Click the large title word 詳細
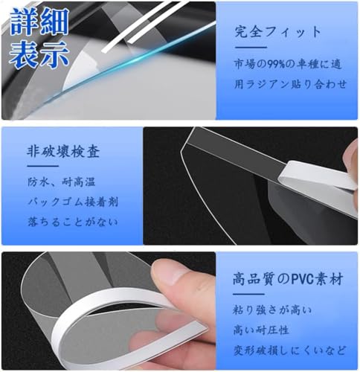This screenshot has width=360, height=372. coord(39,22)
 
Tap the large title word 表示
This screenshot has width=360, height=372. coord(39,54)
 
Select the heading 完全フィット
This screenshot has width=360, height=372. coord(277,32)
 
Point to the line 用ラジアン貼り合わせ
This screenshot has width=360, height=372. coord(290,84)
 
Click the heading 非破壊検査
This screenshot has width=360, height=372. coord(63,151)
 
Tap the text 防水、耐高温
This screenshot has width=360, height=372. coord(62,182)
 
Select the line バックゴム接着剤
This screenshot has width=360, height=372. coord(73,202)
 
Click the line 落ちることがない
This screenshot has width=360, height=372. coord(72,222)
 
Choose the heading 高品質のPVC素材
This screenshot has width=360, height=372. coord(288,279)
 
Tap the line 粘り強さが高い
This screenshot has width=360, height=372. coord(272,310)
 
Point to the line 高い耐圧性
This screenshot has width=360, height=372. coord(261,330)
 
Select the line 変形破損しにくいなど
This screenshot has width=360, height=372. coord(289,350)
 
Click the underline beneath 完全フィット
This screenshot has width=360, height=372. coord(251,47)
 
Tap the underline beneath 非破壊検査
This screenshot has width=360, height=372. coord(42,166)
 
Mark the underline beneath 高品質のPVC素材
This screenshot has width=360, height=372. coord(248,294)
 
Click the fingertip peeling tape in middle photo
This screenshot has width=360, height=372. coord(351,158)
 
